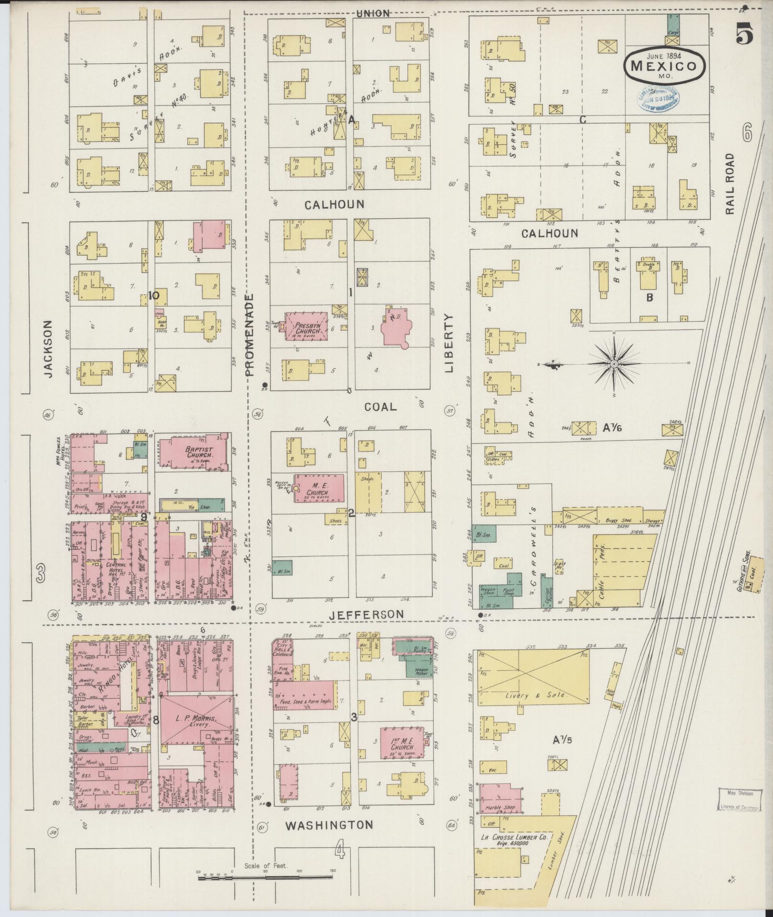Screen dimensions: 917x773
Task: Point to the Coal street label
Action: coord(380,407)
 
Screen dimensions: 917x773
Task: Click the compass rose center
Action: coord(614,365)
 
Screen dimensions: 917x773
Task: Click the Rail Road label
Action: coord(729,184)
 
